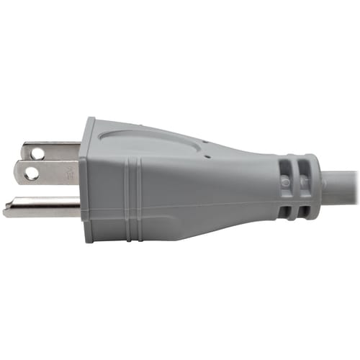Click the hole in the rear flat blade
pyautogui.click(x=35, y=152)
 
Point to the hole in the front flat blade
pyautogui.click(x=31, y=174)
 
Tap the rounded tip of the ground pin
pyautogui.click(x=6, y=211)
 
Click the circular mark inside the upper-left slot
pyautogui.click(x=287, y=183)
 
